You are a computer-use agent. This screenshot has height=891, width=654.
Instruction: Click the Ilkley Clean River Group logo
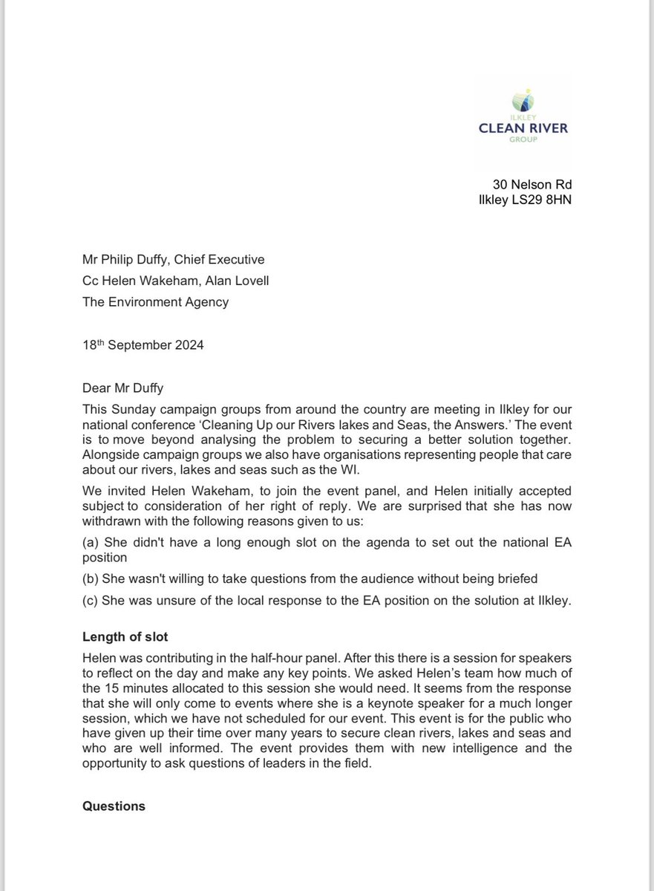(533, 119)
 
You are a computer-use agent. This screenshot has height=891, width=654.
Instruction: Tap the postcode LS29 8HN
(543, 200)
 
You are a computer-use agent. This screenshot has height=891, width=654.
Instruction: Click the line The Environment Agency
(155, 301)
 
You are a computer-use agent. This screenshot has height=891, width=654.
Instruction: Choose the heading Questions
(114, 806)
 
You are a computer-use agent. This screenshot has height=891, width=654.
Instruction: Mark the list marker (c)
(91, 601)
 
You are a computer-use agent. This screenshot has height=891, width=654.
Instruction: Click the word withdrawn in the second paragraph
(109, 523)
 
